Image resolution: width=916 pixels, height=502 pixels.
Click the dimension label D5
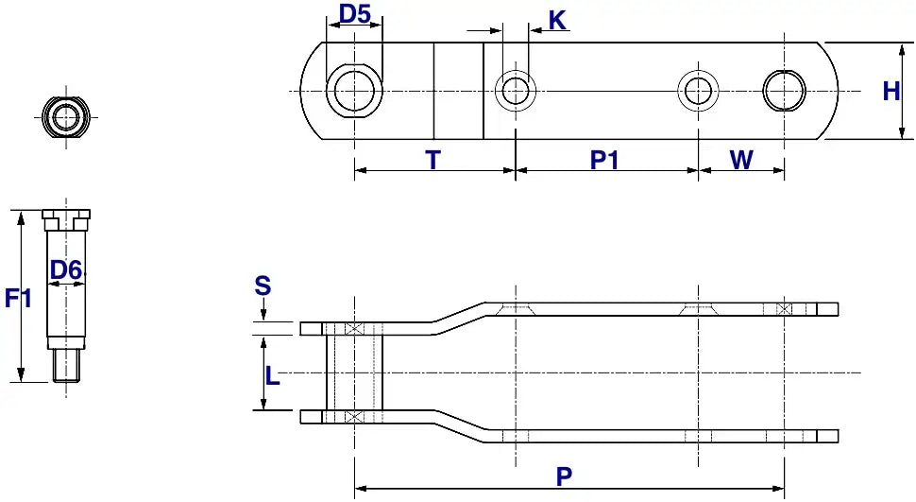pyautogui.click(x=355, y=15)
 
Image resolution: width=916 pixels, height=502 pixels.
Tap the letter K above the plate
pyautogui.click(x=558, y=20)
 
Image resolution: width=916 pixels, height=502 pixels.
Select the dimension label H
pyautogui.click(x=891, y=92)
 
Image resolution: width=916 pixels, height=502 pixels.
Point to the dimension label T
pyautogui.click(x=433, y=160)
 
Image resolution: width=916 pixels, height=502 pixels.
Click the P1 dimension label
pyautogui.click(x=604, y=160)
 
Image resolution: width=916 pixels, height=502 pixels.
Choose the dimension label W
pyautogui.click(x=742, y=160)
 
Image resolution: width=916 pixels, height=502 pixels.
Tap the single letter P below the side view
pyautogui.click(x=564, y=476)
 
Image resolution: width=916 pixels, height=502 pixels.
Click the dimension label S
pyautogui.click(x=263, y=286)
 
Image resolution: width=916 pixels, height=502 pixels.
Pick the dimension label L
pyautogui.click(x=273, y=376)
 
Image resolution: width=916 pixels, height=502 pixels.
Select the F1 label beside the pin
pyautogui.click(x=19, y=299)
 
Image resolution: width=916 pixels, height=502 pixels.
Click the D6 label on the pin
pyautogui.click(x=66, y=270)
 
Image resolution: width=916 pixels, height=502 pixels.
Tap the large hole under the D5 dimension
pyautogui.click(x=354, y=91)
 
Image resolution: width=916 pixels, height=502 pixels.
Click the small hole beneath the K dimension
pyautogui.click(x=516, y=91)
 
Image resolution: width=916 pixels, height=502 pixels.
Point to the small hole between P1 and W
pyautogui.click(x=698, y=91)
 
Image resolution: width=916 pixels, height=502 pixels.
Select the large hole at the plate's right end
pyautogui.click(x=785, y=91)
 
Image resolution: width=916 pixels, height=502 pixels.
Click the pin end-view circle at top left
pyautogui.click(x=66, y=117)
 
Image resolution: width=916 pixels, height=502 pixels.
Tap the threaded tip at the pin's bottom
pyautogui.click(x=66, y=365)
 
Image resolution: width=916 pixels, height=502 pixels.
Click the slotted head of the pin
pyautogui.click(x=66, y=219)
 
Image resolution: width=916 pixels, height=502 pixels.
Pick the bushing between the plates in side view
pyautogui.click(x=354, y=372)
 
